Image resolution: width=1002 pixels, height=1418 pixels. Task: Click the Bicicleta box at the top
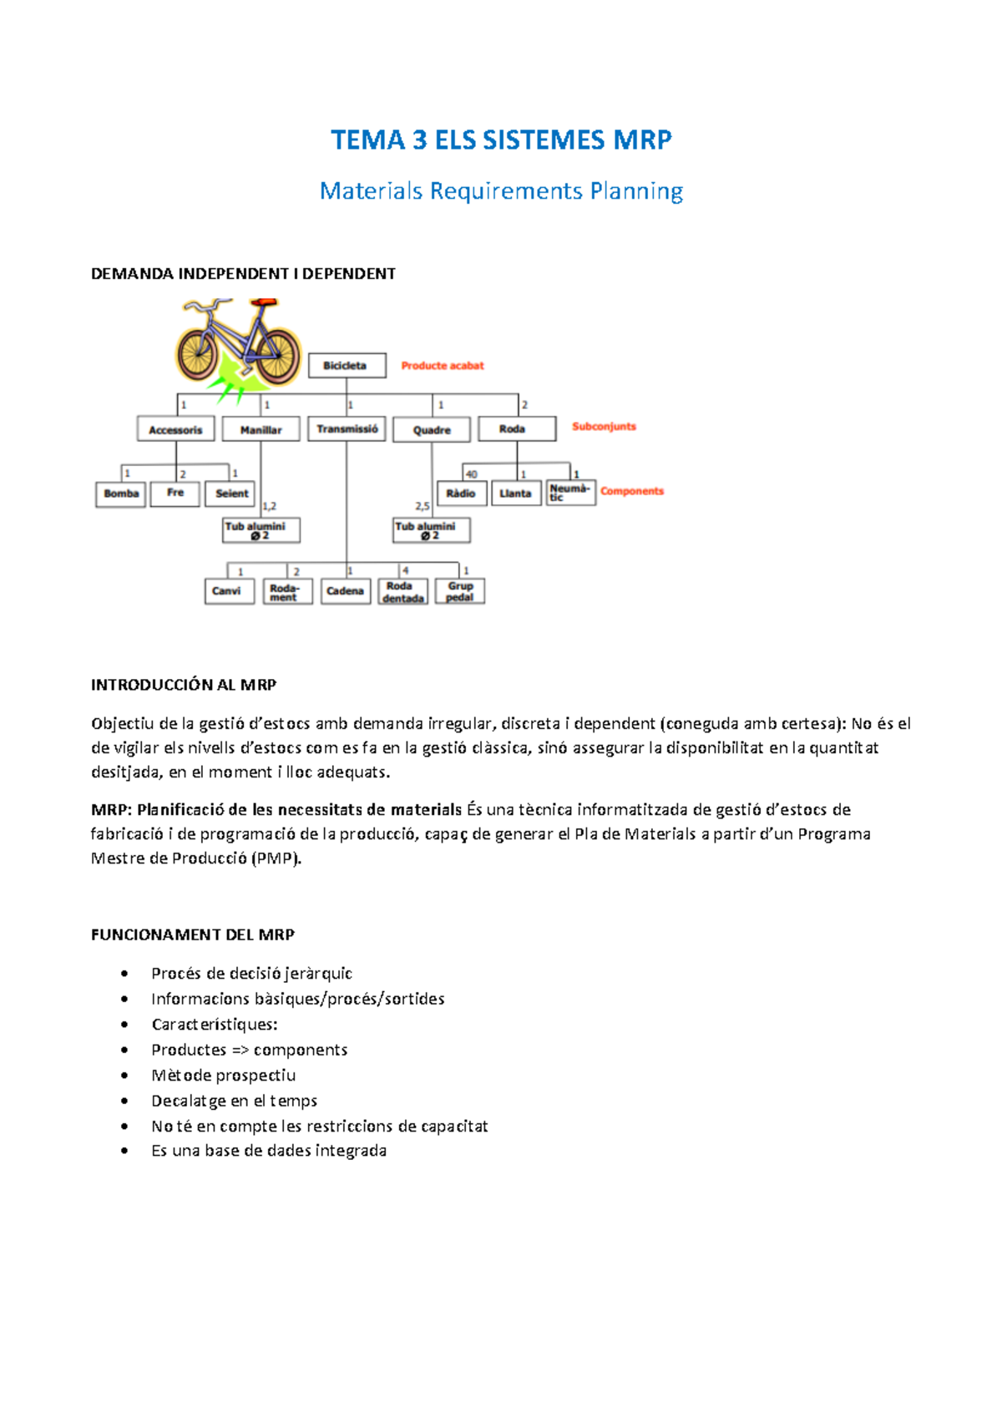coord(347,366)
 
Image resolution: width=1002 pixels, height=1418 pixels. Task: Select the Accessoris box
coord(175,429)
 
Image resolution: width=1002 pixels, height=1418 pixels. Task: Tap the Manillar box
coord(261,429)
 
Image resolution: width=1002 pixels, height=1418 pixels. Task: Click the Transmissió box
coord(347,428)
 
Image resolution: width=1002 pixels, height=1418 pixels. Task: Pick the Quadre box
coord(432,429)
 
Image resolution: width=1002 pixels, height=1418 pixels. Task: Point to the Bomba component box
coord(121,494)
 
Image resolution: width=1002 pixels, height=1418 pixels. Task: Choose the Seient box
coord(231,494)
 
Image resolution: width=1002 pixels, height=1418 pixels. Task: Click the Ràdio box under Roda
coord(461,494)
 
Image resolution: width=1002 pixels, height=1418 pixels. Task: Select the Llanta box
coord(515,494)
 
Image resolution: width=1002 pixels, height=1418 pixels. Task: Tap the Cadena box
coord(345,591)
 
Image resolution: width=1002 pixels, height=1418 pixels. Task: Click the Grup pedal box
coord(460,591)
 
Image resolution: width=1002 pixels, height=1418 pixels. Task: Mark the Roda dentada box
coord(402,591)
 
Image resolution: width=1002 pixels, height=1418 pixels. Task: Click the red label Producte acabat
coord(443,366)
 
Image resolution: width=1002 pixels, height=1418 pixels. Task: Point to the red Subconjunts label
coord(604,427)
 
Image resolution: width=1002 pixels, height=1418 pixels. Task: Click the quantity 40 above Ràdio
coord(472,474)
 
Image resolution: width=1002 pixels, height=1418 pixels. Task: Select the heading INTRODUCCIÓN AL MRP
coord(184,685)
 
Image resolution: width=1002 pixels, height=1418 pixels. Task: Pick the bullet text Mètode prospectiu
coord(223,1076)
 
